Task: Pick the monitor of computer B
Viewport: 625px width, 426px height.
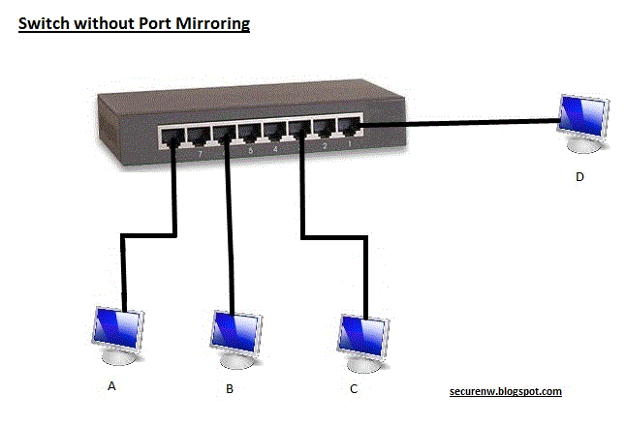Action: pyautogui.click(x=235, y=329)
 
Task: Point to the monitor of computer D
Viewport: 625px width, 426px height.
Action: pyautogui.click(x=584, y=117)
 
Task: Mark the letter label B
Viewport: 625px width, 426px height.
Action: pyautogui.click(x=230, y=388)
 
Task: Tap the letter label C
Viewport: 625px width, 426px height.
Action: pyautogui.click(x=354, y=389)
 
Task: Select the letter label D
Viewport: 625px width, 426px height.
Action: pyautogui.click(x=578, y=176)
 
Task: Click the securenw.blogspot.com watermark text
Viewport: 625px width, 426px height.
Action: pyautogui.click(x=506, y=391)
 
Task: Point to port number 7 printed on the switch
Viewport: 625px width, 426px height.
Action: pyautogui.click(x=200, y=153)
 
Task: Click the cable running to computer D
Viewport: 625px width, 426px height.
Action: pyautogui.click(x=455, y=123)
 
